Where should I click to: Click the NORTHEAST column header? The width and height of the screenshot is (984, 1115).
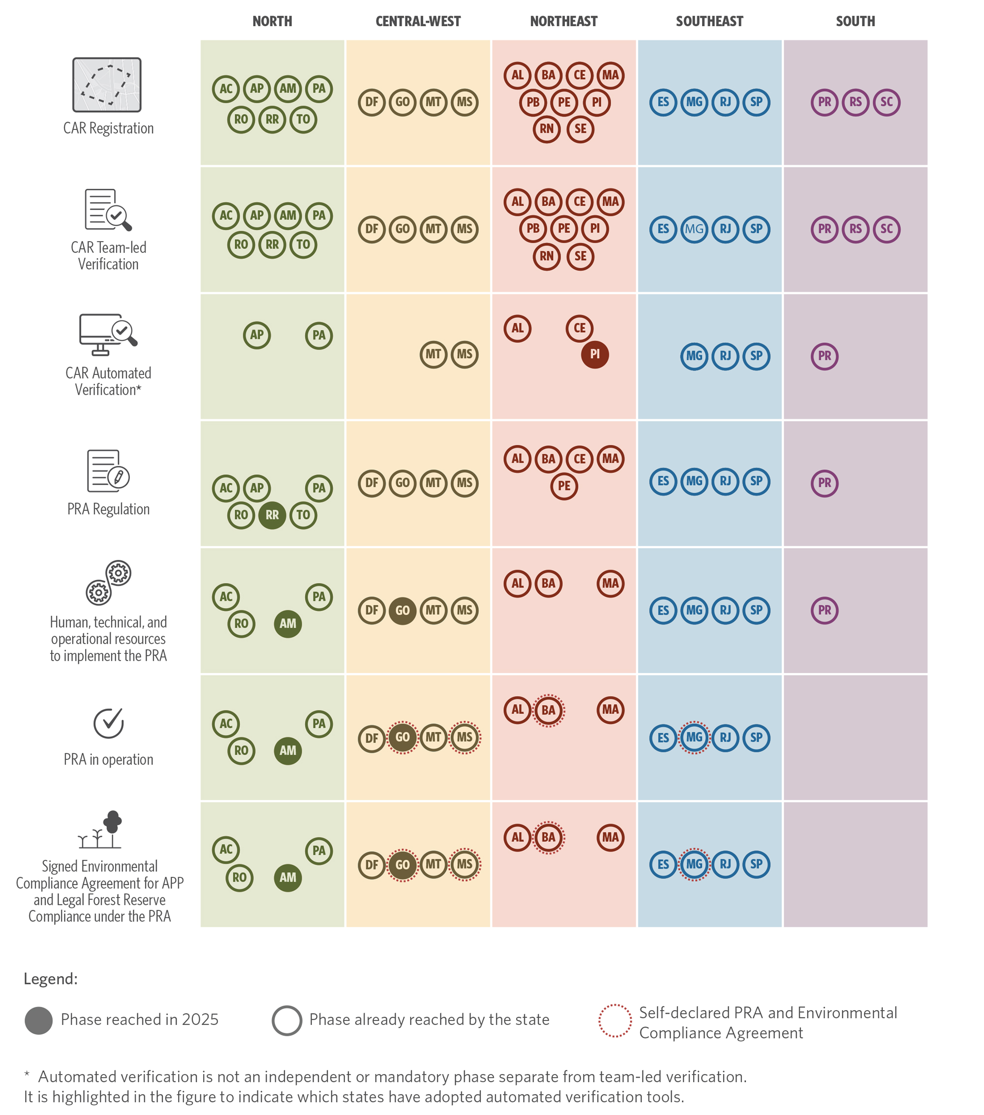click(563, 21)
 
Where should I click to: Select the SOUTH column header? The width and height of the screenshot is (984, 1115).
click(855, 21)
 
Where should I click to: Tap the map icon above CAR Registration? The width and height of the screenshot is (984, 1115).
click(107, 85)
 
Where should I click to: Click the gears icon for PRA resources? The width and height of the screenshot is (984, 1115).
click(109, 583)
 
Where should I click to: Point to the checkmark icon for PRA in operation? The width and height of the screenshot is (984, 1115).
click(109, 723)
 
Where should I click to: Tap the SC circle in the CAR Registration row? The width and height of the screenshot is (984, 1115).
click(887, 102)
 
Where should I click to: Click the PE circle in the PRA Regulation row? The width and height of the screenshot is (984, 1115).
click(564, 486)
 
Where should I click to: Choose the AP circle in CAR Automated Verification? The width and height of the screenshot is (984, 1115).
click(257, 335)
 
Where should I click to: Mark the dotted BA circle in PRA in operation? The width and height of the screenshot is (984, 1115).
click(548, 710)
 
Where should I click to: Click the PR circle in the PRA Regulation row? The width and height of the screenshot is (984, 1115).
click(824, 483)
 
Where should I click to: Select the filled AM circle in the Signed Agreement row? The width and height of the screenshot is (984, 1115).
click(288, 878)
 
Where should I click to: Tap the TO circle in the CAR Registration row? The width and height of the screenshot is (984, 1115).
click(303, 120)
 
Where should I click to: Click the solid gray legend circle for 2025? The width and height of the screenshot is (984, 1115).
click(39, 1021)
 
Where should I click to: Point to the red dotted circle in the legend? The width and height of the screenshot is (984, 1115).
click(615, 1021)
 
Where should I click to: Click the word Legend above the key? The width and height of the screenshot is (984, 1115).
click(51, 979)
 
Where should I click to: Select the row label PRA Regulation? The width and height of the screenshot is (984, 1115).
click(109, 509)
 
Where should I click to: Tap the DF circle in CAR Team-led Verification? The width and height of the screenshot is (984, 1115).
click(371, 229)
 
